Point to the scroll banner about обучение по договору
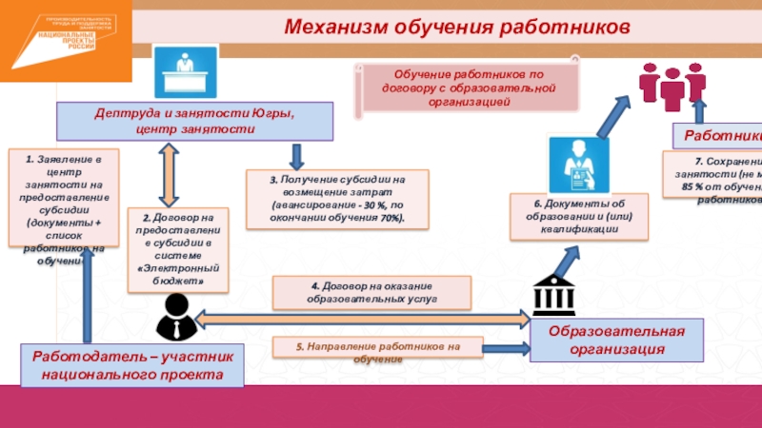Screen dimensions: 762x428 pos(468,87)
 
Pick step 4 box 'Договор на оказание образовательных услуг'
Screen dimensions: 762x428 pos(372,292)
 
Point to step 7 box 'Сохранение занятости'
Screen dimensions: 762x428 pos(715,181)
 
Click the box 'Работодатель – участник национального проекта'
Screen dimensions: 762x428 pos(132,366)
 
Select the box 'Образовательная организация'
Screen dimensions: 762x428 pos(615,340)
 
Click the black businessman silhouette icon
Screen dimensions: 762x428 pos(175,316)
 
